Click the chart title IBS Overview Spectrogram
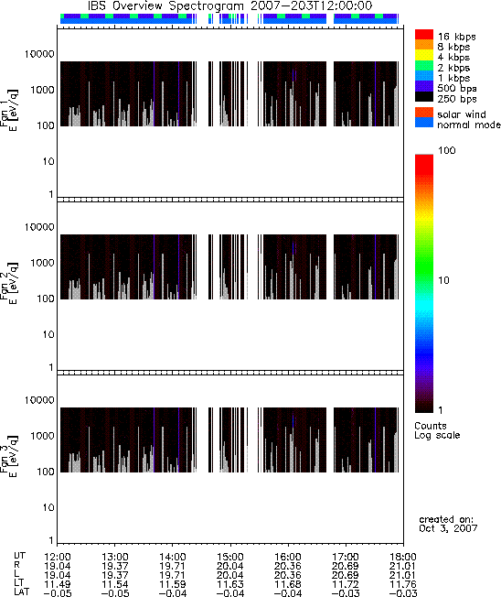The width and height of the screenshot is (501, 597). pos(165,6)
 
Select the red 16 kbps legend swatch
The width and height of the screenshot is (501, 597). pos(424,35)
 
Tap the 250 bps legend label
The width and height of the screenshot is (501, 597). pos(456,99)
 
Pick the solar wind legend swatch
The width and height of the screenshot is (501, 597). pos(424,113)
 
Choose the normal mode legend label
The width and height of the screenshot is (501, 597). pos(469,125)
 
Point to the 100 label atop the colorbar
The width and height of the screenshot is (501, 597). pos(447,150)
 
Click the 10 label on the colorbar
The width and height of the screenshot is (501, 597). pos(443,280)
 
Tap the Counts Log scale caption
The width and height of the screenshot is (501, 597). pos(437,430)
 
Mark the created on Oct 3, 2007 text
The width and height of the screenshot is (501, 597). pos(448,524)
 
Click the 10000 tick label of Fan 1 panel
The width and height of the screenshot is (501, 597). pos(39,54)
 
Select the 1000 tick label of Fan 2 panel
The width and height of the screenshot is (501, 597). pos(42,263)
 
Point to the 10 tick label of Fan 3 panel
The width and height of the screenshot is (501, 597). pos(48,507)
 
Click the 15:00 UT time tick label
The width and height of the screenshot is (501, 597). pos(229,557)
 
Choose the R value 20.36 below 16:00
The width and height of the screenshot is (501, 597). pos(288,566)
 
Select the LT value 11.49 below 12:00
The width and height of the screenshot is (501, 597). pos(57,584)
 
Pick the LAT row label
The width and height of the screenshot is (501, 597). pos(21,592)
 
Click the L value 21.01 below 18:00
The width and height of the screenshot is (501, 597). pos(402,575)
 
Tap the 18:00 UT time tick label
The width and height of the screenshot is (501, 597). pos(403,557)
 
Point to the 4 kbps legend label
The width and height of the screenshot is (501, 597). pos(453,58)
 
